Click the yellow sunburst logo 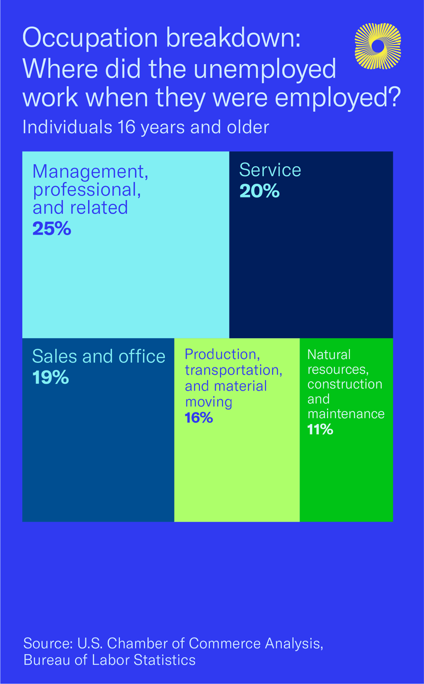pyautogui.click(x=377, y=47)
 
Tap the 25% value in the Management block pyautogui.click(x=51, y=229)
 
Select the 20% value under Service pyautogui.click(x=259, y=191)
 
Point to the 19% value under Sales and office pyautogui.click(x=50, y=377)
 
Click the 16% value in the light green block pyautogui.click(x=199, y=418)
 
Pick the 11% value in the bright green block pyautogui.click(x=320, y=429)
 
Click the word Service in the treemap pyautogui.click(x=270, y=170)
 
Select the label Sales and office pyautogui.click(x=99, y=356)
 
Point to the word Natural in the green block pyautogui.click(x=329, y=354)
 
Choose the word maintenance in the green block pyautogui.click(x=346, y=413)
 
